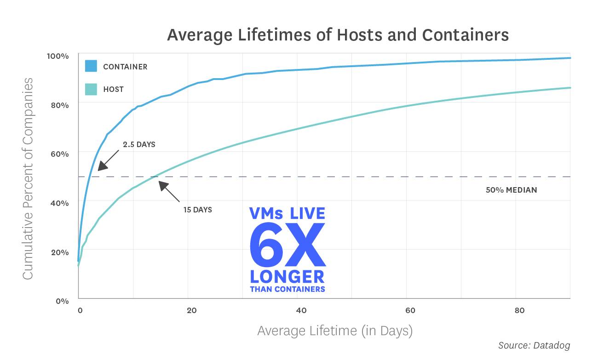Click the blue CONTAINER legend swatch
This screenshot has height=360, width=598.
[91, 66]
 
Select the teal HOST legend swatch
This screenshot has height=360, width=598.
[91, 89]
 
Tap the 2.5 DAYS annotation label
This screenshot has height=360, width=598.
[139, 144]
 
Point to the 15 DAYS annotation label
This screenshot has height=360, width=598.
[197, 210]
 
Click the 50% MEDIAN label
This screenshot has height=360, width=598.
[511, 190]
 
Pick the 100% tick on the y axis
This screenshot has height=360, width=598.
[57, 56]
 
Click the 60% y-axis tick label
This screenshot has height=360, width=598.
[59, 154]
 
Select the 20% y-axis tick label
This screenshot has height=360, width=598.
[59, 252]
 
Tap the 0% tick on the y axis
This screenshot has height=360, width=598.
[62, 301]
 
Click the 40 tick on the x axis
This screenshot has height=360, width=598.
[301, 310]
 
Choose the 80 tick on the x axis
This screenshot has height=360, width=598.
[519, 310]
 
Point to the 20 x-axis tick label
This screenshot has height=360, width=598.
[192, 310]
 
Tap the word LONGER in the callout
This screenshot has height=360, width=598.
[287, 277]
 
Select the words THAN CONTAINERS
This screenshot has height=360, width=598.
[287, 289]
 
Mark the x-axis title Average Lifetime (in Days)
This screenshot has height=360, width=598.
[334, 331]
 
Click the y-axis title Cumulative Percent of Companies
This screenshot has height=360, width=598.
[28, 178]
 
